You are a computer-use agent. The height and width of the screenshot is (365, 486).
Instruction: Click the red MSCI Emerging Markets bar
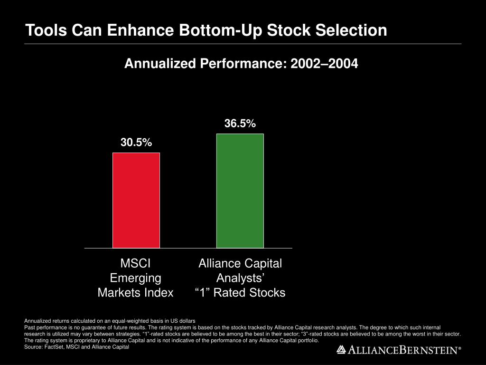tap(136, 200)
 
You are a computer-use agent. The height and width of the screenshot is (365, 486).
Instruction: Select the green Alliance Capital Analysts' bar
tap(240, 191)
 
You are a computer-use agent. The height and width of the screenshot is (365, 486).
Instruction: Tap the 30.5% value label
tap(136, 143)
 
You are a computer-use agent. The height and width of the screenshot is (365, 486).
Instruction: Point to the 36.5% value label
tap(240, 124)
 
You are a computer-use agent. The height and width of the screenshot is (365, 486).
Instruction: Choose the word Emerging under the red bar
tap(136, 278)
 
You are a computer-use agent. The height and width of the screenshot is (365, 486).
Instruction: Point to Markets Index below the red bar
tap(136, 293)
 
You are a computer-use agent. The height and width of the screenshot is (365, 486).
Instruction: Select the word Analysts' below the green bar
tap(240, 278)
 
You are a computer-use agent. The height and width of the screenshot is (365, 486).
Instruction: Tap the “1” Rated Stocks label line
tap(240, 293)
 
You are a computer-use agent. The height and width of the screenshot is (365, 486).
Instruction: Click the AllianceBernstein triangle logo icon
tap(341, 350)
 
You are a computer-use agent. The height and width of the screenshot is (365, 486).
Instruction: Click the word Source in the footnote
tap(32, 347)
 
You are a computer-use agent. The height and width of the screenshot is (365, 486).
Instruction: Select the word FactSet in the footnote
tap(52, 347)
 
